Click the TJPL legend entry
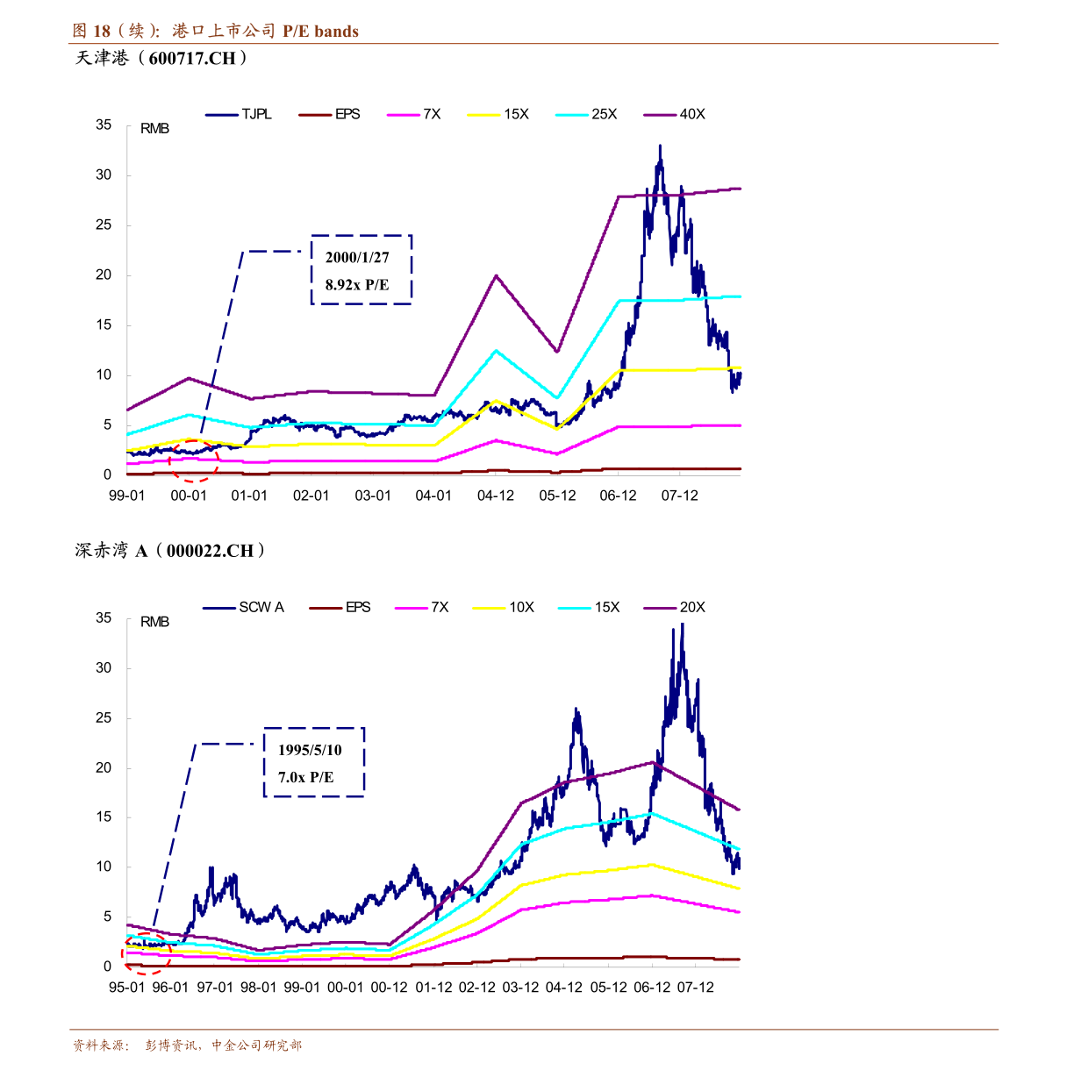pyautogui.click(x=239, y=114)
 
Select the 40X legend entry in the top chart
pyautogui.click(x=675, y=114)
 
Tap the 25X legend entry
pyautogui.click(x=586, y=114)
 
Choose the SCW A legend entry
pyautogui.click(x=244, y=607)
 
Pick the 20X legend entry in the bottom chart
pyautogui.click(x=675, y=607)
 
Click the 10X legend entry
pyautogui.click(x=504, y=607)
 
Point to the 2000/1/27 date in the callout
pyautogui.click(x=357, y=258)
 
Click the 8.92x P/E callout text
pyautogui.click(x=357, y=285)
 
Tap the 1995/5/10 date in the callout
pyautogui.click(x=310, y=750)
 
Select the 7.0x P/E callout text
pyautogui.click(x=306, y=777)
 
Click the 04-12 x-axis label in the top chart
pyautogui.click(x=496, y=496)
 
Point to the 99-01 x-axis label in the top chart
pyautogui.click(x=127, y=496)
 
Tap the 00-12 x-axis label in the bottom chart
pyautogui.click(x=389, y=988)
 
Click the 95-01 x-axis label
pyautogui.click(x=127, y=988)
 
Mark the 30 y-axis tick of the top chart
pyautogui.click(x=104, y=175)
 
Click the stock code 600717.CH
pyautogui.click(x=192, y=58)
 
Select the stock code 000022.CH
pyautogui.click(x=210, y=551)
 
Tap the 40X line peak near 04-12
pyautogui.click(x=496, y=275)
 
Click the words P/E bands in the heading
pyautogui.click(x=320, y=32)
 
